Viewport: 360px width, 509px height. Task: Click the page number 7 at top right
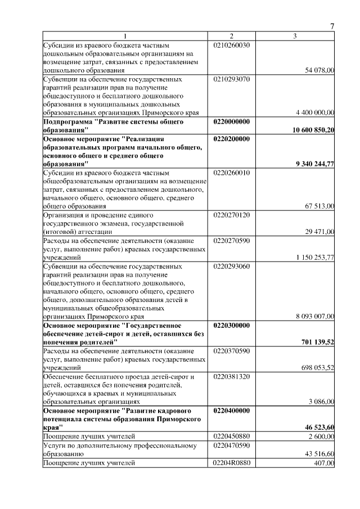(x=332, y=26)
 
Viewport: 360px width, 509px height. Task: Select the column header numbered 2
(x=231, y=37)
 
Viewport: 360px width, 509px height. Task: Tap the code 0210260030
(x=232, y=44)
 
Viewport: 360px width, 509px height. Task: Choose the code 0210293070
(x=232, y=79)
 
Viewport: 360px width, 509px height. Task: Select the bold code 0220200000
(x=232, y=138)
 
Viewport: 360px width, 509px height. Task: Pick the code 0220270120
(x=232, y=215)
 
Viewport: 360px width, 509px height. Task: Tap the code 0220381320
(x=232, y=376)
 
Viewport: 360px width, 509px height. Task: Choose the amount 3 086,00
(x=322, y=402)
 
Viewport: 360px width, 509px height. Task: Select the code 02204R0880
(x=232, y=462)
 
